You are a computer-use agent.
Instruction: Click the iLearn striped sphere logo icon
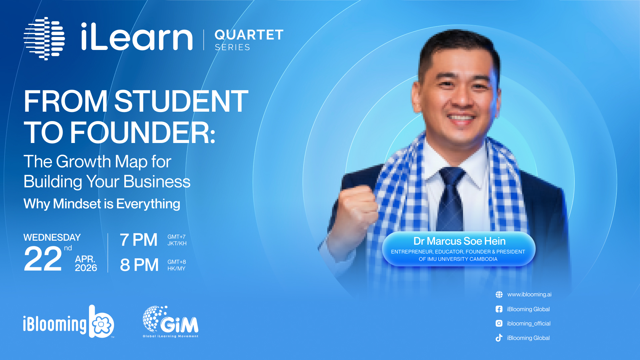click(44, 39)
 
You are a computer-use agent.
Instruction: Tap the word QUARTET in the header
click(249, 35)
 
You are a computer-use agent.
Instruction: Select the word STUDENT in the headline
click(181, 101)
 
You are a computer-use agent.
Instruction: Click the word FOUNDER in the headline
click(143, 133)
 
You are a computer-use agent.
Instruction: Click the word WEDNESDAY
click(52, 237)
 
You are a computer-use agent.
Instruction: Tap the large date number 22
click(43, 259)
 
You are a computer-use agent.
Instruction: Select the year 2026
click(86, 268)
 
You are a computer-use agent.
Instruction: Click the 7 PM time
click(139, 240)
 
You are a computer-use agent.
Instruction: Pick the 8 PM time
click(139, 265)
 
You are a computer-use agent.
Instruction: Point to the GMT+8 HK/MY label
click(177, 265)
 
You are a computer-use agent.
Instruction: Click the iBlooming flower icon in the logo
click(101, 324)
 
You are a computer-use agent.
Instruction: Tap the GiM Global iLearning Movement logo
click(171, 322)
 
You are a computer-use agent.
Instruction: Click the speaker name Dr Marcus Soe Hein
click(459, 241)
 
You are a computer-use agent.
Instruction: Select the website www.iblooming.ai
click(529, 294)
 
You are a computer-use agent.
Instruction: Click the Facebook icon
click(499, 309)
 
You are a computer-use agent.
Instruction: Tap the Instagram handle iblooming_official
click(529, 323)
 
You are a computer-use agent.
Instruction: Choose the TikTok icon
click(499, 338)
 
